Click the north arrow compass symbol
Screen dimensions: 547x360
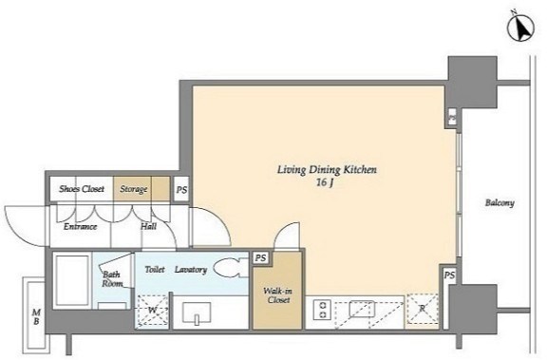(x=520, y=29)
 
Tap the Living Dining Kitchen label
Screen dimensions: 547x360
(x=327, y=170)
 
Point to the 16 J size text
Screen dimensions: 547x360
(x=325, y=182)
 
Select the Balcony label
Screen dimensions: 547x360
(x=500, y=202)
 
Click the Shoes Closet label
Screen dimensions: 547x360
(x=82, y=189)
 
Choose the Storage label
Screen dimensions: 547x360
(x=133, y=189)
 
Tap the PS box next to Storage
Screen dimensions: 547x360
(x=181, y=189)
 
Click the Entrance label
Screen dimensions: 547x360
(x=80, y=227)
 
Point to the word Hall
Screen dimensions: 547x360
(x=148, y=226)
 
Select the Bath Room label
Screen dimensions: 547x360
(x=112, y=279)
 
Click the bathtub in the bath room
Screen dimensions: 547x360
(x=72, y=281)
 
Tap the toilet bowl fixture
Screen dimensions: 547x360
(x=230, y=268)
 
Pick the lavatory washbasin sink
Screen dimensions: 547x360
(x=197, y=313)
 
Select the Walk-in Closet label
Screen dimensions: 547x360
(x=278, y=295)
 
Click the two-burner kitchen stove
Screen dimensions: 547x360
(x=323, y=310)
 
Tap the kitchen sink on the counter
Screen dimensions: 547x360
(x=362, y=309)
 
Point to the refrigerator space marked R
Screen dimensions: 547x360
(x=422, y=309)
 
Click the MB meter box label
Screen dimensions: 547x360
(x=36, y=316)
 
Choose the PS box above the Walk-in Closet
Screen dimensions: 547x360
(x=260, y=258)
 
